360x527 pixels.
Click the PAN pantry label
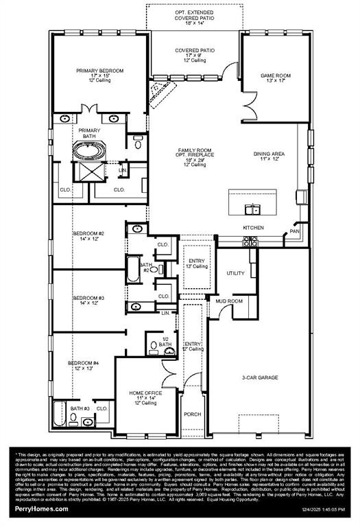click(x=295, y=231)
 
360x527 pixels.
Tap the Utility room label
click(x=235, y=273)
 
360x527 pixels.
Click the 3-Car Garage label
click(x=259, y=377)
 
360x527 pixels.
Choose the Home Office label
click(x=145, y=397)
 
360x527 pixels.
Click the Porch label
click(x=193, y=414)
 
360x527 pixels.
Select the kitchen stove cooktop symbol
click(x=251, y=241)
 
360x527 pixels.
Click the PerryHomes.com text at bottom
click(x=42, y=508)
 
